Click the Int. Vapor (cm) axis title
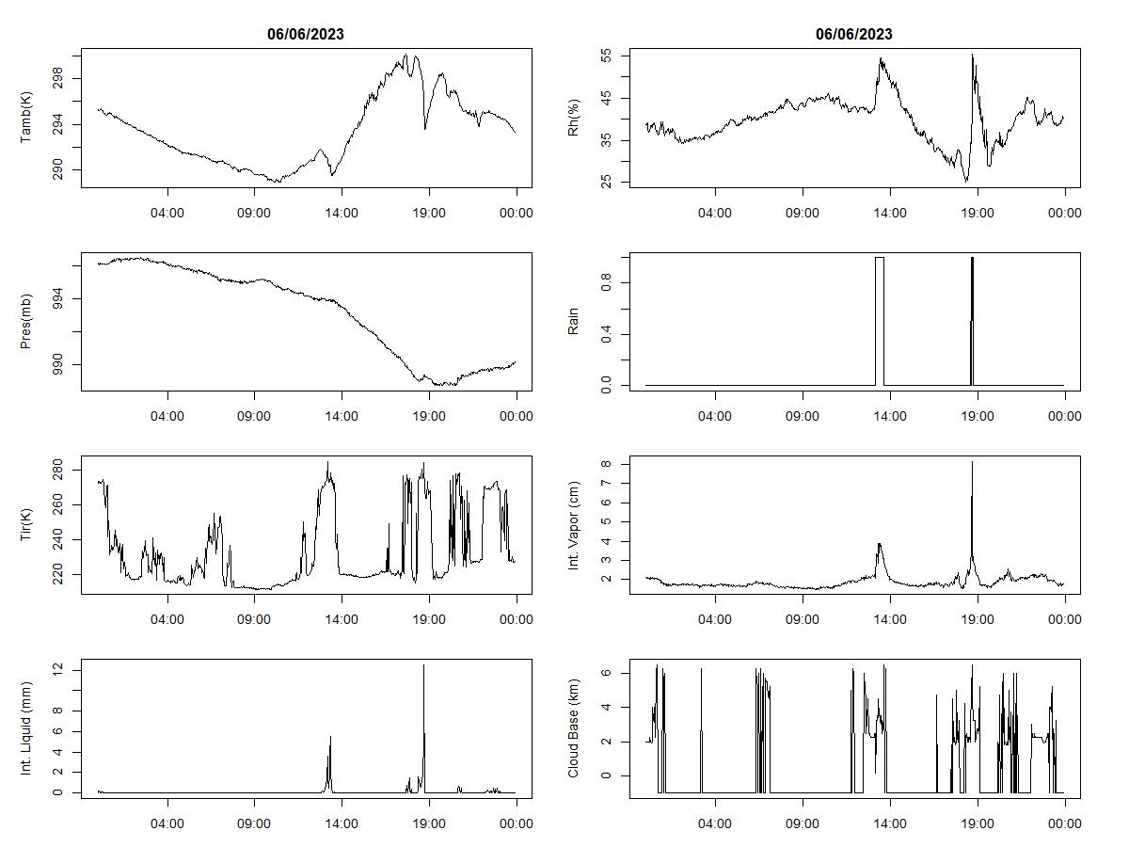click(574, 525)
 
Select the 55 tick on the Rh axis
click(606, 56)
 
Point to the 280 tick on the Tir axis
click(58, 470)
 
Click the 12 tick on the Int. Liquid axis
click(58, 669)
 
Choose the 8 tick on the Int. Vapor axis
click(606, 464)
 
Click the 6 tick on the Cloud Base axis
click(606, 673)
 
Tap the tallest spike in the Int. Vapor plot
click(972, 463)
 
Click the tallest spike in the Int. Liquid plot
click(423, 666)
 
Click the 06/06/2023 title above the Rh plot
click(853, 34)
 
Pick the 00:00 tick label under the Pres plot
click(516, 416)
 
